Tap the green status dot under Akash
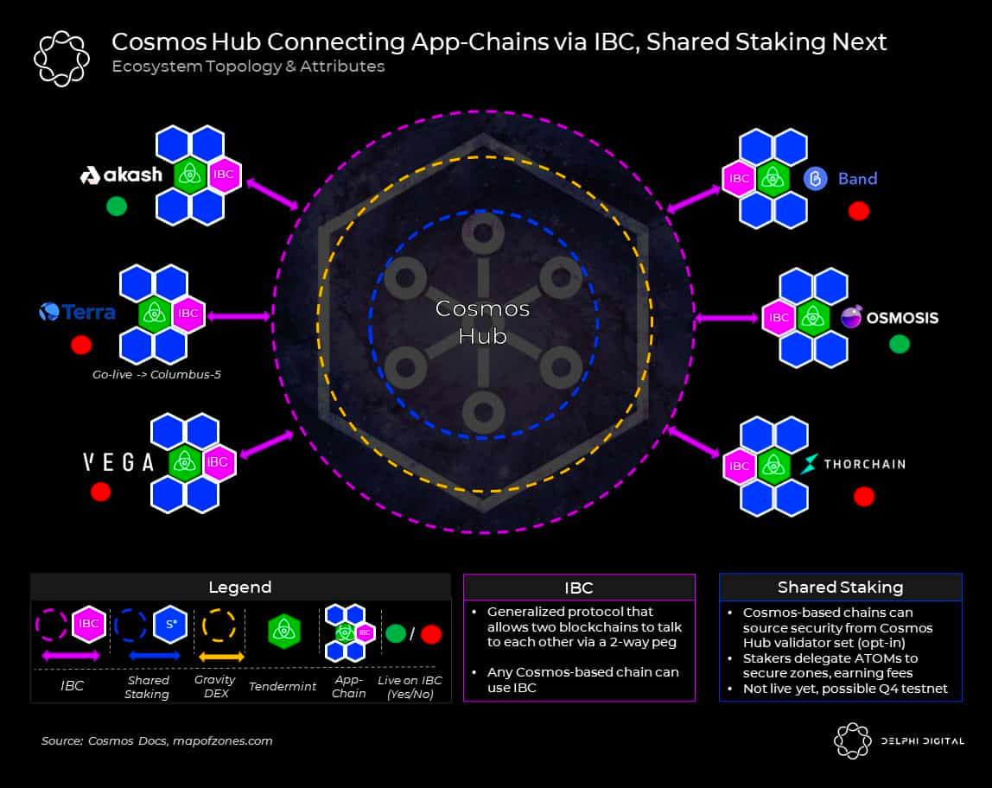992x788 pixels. (x=116, y=207)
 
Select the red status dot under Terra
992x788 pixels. (x=81, y=345)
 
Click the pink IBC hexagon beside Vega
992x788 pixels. (x=217, y=462)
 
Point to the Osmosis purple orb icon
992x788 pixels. (x=851, y=317)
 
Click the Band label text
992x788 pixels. (x=857, y=179)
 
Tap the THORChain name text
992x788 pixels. (x=864, y=464)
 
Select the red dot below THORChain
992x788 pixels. (x=863, y=496)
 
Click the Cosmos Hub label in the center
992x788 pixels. (x=482, y=321)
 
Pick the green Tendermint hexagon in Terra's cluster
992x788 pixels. (x=156, y=313)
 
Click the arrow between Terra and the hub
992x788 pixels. (x=238, y=316)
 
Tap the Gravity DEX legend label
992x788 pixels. (x=216, y=687)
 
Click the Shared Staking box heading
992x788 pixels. (x=840, y=588)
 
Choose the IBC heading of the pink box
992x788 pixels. (x=579, y=588)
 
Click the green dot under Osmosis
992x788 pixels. (x=899, y=344)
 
